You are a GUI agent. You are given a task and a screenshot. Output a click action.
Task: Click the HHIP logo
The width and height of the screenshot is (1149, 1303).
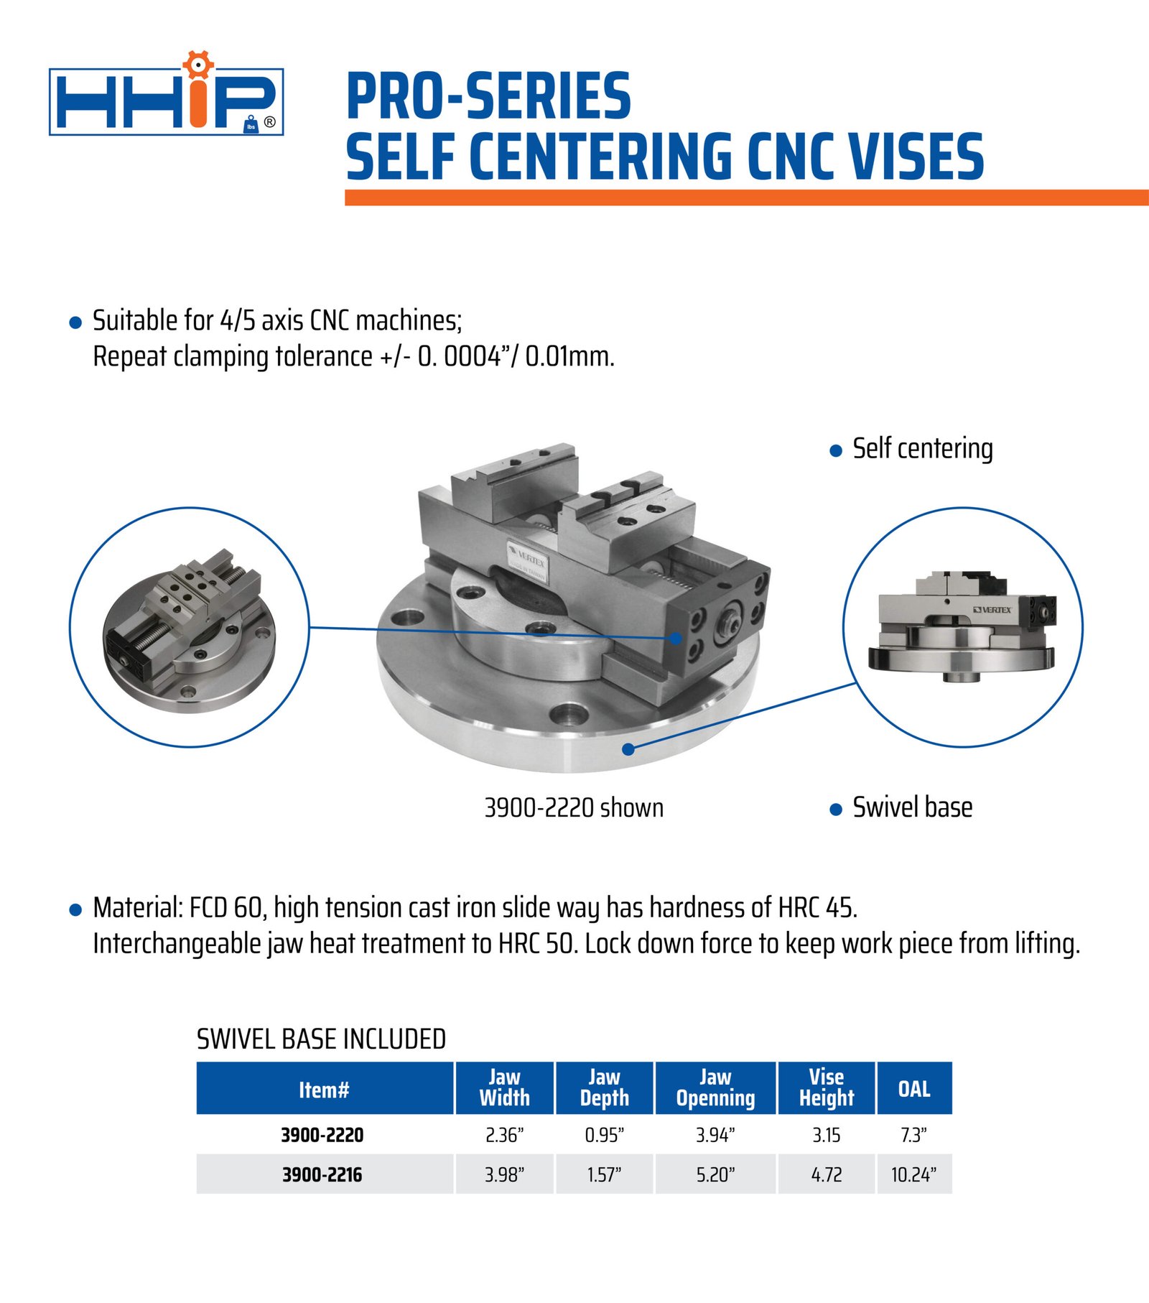click(x=167, y=94)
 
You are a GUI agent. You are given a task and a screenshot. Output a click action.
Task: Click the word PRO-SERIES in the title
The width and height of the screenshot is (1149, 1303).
click(x=488, y=96)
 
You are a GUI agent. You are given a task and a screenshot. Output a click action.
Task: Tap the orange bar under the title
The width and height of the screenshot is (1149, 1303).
click(x=747, y=198)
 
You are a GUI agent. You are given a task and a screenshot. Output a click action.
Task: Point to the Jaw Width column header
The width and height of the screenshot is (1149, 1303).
click(x=504, y=1088)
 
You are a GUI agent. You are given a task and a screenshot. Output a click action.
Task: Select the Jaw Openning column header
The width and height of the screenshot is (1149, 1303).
click(x=715, y=1088)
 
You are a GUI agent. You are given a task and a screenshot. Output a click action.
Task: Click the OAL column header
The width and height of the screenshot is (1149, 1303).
click(x=914, y=1089)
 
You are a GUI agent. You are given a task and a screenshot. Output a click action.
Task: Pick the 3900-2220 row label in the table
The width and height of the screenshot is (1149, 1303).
click(x=322, y=1135)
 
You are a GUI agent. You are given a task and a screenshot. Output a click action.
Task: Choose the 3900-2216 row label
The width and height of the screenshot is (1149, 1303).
click(x=322, y=1175)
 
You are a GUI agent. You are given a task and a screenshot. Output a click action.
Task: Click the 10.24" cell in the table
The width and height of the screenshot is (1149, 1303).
click(x=914, y=1175)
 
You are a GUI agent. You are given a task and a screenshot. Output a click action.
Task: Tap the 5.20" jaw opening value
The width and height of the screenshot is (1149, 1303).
click(x=715, y=1175)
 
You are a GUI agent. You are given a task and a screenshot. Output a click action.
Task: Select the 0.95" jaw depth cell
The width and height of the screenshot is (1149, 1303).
click(x=604, y=1135)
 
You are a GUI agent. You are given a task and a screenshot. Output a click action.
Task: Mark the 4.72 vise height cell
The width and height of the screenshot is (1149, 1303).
click(x=827, y=1175)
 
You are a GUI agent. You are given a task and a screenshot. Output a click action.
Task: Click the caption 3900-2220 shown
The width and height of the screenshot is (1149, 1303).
click(x=574, y=808)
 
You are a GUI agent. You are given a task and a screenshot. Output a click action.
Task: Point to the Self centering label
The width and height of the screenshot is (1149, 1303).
click(x=923, y=449)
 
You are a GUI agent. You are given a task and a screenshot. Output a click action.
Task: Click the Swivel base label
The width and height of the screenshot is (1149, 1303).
click(x=913, y=807)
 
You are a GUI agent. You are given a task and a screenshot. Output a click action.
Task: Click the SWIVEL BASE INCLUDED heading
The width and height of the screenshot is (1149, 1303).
click(x=322, y=1039)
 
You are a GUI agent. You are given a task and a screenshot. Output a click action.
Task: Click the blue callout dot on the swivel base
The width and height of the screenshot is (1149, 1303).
click(x=628, y=749)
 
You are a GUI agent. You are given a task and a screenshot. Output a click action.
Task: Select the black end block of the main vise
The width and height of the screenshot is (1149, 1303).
click(x=717, y=617)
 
